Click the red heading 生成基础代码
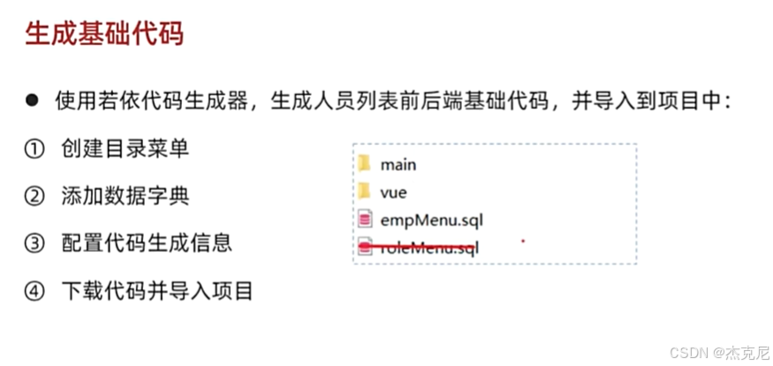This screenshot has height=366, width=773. pyautogui.click(x=104, y=36)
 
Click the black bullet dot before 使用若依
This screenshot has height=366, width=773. pyautogui.click(x=32, y=101)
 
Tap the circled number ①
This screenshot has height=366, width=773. pyautogui.click(x=34, y=149)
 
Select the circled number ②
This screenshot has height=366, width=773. pyautogui.click(x=34, y=195)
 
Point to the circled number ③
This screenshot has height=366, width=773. pyautogui.click(x=34, y=242)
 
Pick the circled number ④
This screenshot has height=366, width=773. pyautogui.click(x=34, y=289)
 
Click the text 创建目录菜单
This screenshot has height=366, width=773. pyautogui.click(x=125, y=149)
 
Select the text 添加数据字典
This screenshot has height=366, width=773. pyautogui.click(x=125, y=195)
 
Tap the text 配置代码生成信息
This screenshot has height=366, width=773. pyautogui.click(x=147, y=242)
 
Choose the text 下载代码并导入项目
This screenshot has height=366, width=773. pyautogui.click(x=157, y=289)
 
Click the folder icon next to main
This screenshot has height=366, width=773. pyautogui.click(x=364, y=164)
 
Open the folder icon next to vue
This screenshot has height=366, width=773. pyautogui.click(x=364, y=191)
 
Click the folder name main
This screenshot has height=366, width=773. pyautogui.click(x=398, y=164)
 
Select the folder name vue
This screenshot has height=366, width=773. pyautogui.click(x=393, y=192)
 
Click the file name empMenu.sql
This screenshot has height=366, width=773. pyautogui.click(x=431, y=219)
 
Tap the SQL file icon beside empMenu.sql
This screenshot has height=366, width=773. pyautogui.click(x=364, y=219)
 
